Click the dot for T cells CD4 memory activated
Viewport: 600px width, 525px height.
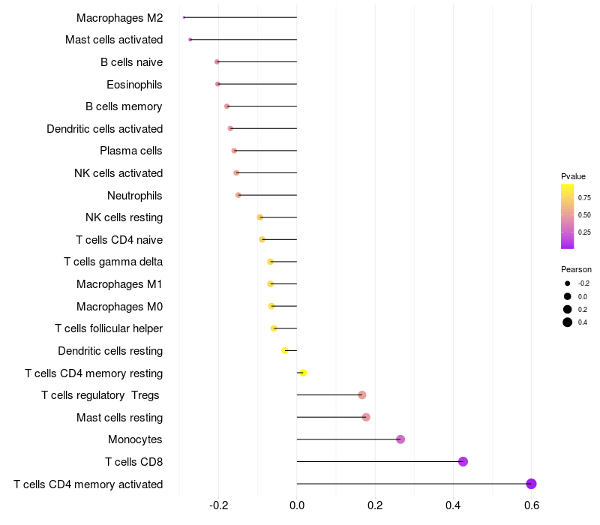(531, 484)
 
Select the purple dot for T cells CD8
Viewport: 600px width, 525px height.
(463, 461)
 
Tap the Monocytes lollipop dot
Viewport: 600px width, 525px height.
(400, 439)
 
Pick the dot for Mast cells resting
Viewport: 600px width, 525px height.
(366, 417)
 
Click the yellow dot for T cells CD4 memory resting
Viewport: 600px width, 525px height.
(303, 373)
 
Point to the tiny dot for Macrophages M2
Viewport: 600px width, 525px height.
(184, 17)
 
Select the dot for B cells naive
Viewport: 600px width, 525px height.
(217, 61)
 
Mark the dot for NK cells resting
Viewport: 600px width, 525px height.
(260, 217)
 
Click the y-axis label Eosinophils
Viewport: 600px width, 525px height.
(134, 84)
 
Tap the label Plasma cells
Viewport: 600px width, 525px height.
(131, 151)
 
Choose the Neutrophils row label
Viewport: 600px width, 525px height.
(135, 195)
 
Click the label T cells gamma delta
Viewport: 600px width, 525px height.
(113, 262)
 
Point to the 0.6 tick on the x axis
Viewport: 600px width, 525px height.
(531, 505)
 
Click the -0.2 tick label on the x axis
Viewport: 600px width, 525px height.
(217, 505)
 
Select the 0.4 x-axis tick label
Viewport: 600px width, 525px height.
(453, 505)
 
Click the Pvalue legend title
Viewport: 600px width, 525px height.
(573, 176)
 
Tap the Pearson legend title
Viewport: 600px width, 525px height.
(576, 269)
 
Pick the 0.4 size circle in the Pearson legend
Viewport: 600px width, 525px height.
(568, 322)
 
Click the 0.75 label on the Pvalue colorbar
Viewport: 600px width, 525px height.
(584, 198)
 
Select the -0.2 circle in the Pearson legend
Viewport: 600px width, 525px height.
(568, 283)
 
